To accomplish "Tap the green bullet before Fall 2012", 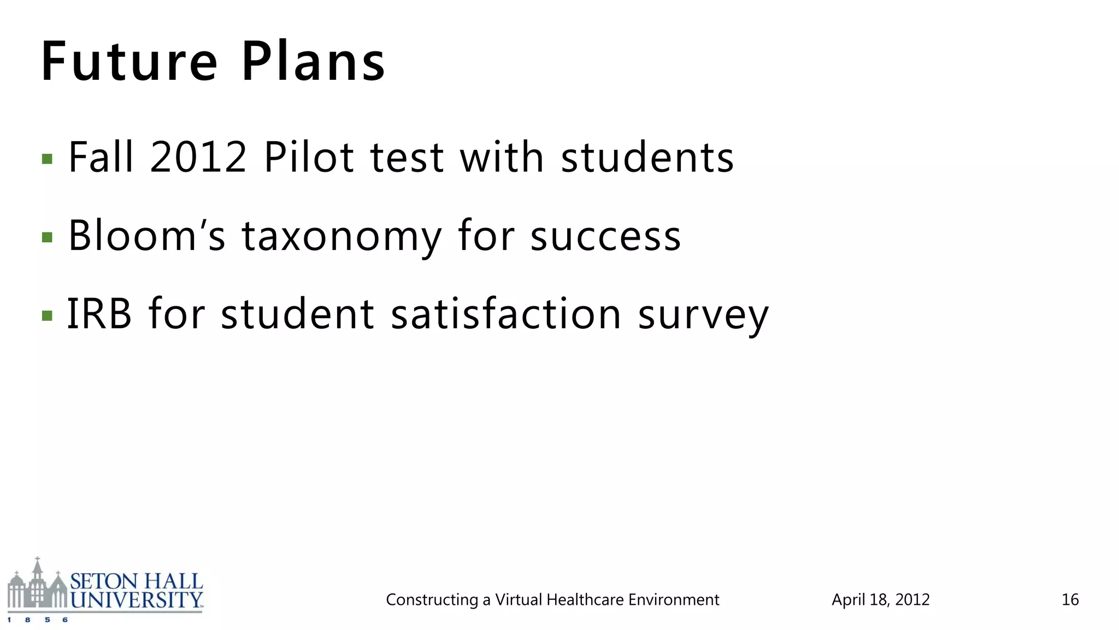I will [x=47, y=159].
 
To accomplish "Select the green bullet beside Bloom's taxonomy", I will [x=47, y=237].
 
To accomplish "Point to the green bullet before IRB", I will [x=47, y=316].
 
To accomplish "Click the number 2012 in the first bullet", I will [x=198, y=157].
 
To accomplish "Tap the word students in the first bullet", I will [x=647, y=157].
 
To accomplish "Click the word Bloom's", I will [x=146, y=236].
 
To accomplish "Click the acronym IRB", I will [x=99, y=314].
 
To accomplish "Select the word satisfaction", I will [x=507, y=314].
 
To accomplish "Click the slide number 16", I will [x=1070, y=600].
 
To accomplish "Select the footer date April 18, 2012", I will [x=880, y=600].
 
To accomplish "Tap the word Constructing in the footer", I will [x=432, y=600].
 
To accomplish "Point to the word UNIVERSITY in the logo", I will [x=137, y=600].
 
